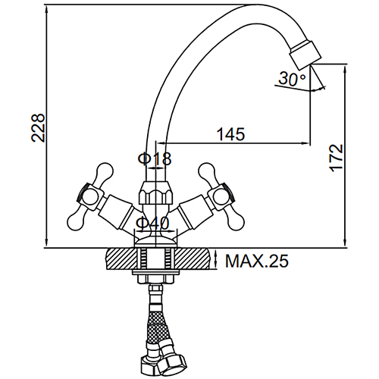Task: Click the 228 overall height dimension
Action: coord(38,128)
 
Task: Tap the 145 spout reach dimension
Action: coord(231,134)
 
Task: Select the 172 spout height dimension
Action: coord(337,158)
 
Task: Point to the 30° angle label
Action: coord(292,79)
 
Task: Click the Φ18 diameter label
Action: coord(155,158)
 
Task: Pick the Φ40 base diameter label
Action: coord(152,223)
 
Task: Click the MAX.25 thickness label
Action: coord(257,261)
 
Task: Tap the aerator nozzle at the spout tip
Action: coord(305,55)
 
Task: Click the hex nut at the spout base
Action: coord(156,193)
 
